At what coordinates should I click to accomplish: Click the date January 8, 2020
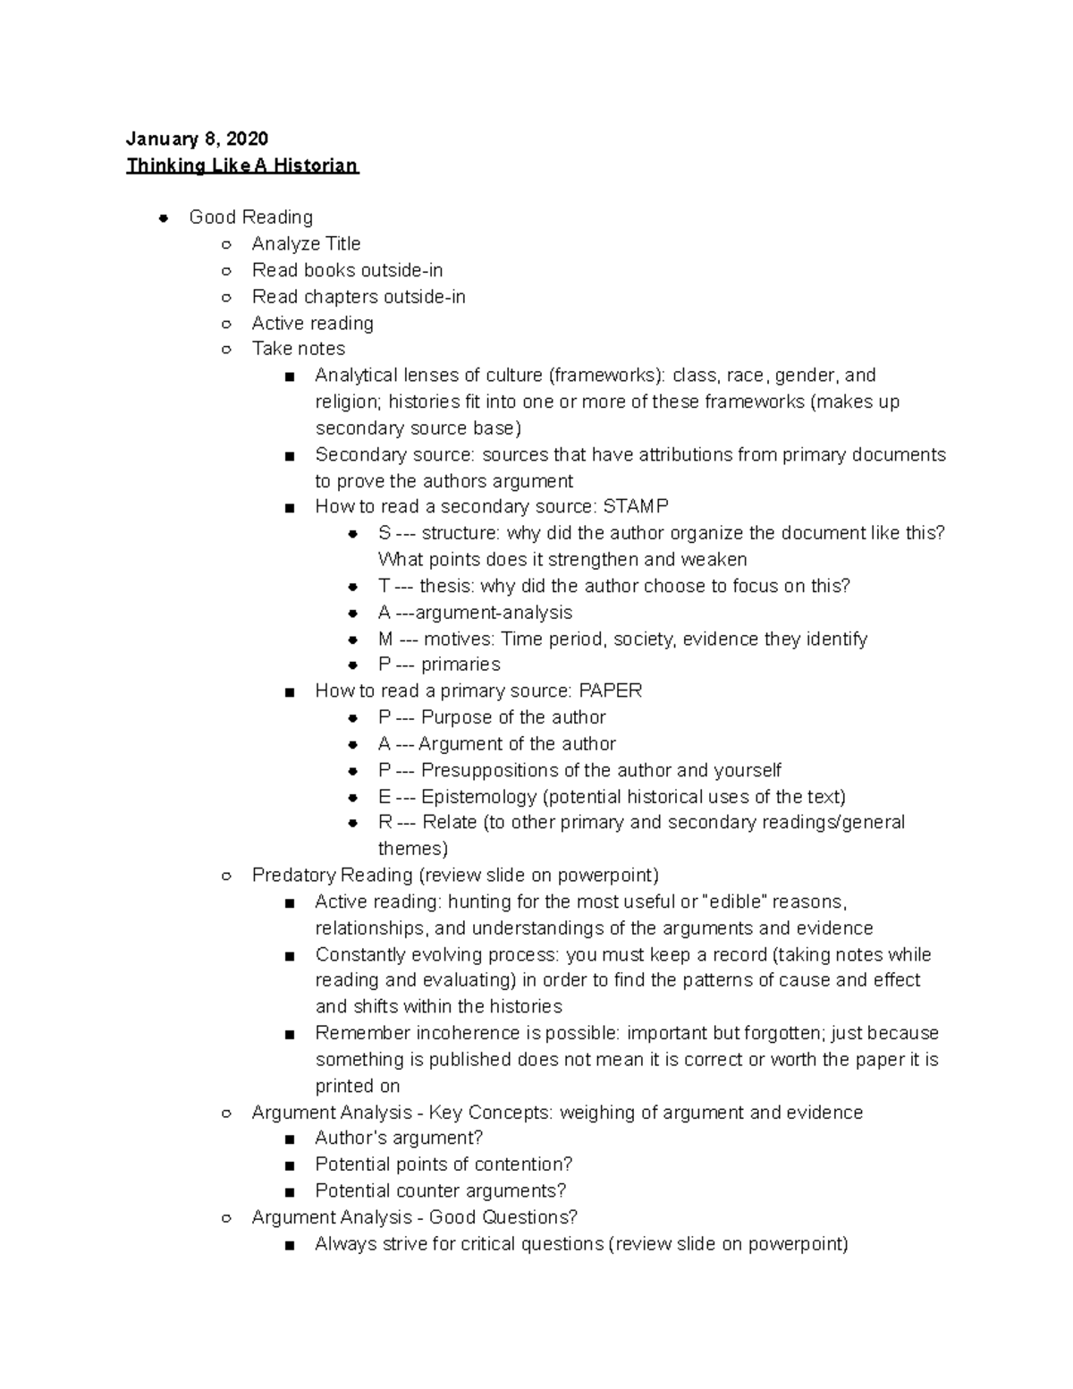click(x=197, y=139)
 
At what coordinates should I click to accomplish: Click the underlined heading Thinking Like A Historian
click(x=242, y=165)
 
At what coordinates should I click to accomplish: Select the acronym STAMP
click(x=636, y=507)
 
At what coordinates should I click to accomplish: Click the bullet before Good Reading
click(x=164, y=217)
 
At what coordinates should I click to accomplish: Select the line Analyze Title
click(x=306, y=244)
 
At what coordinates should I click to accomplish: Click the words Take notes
click(x=298, y=349)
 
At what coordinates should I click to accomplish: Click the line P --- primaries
click(x=438, y=665)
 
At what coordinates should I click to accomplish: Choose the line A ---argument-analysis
click(x=475, y=613)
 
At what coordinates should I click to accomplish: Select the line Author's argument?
click(x=399, y=1139)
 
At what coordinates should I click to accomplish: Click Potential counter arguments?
click(x=440, y=1191)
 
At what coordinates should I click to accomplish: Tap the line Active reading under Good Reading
click(x=312, y=323)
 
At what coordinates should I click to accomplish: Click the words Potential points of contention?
click(x=444, y=1165)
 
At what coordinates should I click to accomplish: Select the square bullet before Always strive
click(x=288, y=1245)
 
